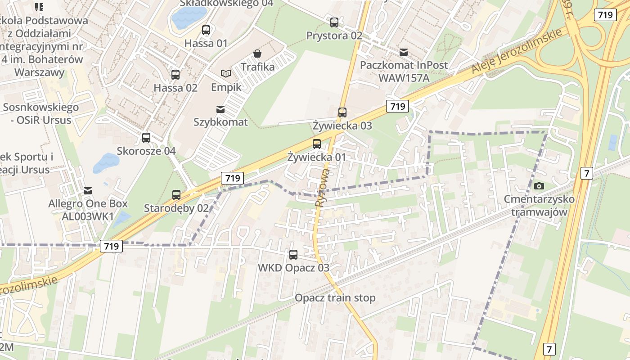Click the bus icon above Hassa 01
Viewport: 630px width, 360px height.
point(206,30)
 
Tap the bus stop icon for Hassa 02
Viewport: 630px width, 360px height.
point(175,74)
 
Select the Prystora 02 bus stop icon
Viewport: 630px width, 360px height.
point(334,22)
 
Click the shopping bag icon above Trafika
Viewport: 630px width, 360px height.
point(257,54)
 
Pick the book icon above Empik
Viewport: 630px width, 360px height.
point(226,73)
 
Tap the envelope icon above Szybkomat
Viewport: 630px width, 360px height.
point(220,109)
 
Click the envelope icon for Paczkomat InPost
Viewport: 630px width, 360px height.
point(404,52)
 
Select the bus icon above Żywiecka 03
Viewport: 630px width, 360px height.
point(342,112)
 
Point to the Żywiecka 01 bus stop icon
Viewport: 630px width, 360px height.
point(317,144)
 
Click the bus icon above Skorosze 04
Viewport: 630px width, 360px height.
point(146,137)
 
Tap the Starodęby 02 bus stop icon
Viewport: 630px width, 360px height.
point(176,194)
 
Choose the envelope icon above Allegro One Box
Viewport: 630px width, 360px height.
point(88,190)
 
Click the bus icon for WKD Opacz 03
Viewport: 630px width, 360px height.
point(293,254)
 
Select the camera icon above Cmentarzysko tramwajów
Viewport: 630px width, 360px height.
point(539,185)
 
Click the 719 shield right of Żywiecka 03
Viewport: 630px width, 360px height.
point(397,106)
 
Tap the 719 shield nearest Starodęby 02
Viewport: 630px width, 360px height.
point(232,178)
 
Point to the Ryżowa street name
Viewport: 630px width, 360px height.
point(323,188)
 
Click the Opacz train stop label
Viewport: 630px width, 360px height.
point(335,298)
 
